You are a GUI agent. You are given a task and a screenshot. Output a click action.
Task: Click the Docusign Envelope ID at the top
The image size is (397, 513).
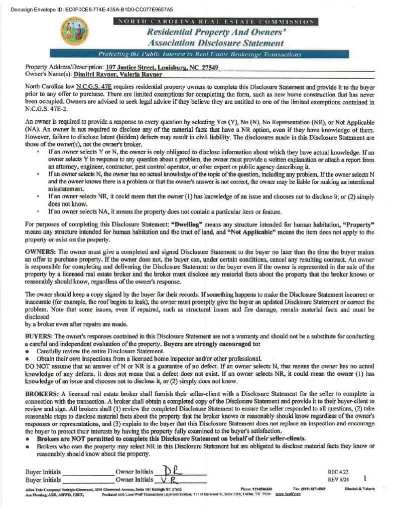click(x=91, y=9)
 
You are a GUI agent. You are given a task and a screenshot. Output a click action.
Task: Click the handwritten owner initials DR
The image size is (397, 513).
click(x=166, y=471)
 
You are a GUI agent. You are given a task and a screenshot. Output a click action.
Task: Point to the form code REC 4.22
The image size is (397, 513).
click(x=337, y=472)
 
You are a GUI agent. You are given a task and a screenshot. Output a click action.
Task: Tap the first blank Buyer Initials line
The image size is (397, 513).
click(x=87, y=473)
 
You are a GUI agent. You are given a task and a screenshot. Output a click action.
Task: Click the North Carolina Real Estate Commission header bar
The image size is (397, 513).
click(x=215, y=22)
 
